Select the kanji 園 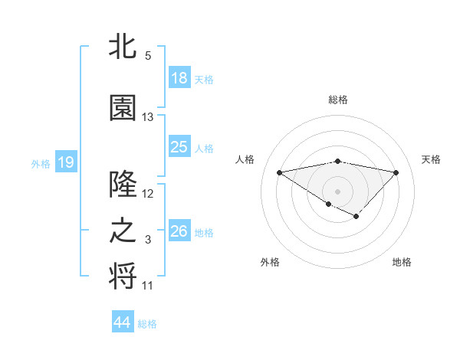pyautogui.click(x=123, y=108)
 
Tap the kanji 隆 pyautogui.click(x=123, y=185)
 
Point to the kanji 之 pyautogui.click(x=123, y=231)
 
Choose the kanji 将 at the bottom pyautogui.click(x=123, y=277)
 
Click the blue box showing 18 pyautogui.click(x=179, y=78)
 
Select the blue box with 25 pyautogui.click(x=179, y=148)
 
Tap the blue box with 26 pyautogui.click(x=179, y=231)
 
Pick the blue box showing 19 pyautogui.click(x=65, y=162)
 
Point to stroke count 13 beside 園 pyautogui.click(x=148, y=117)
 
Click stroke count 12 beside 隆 pyautogui.click(x=148, y=194)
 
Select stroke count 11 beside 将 pyautogui.click(x=148, y=286)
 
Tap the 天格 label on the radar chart pyautogui.click(x=431, y=159)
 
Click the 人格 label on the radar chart pyautogui.click(x=245, y=159)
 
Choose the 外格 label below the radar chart pyautogui.click(x=270, y=262)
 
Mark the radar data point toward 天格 pyautogui.click(x=396, y=172)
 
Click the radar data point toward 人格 pyautogui.click(x=280, y=172)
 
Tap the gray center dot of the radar pyautogui.click(x=337, y=190)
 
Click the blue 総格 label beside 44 pyautogui.click(x=147, y=324)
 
